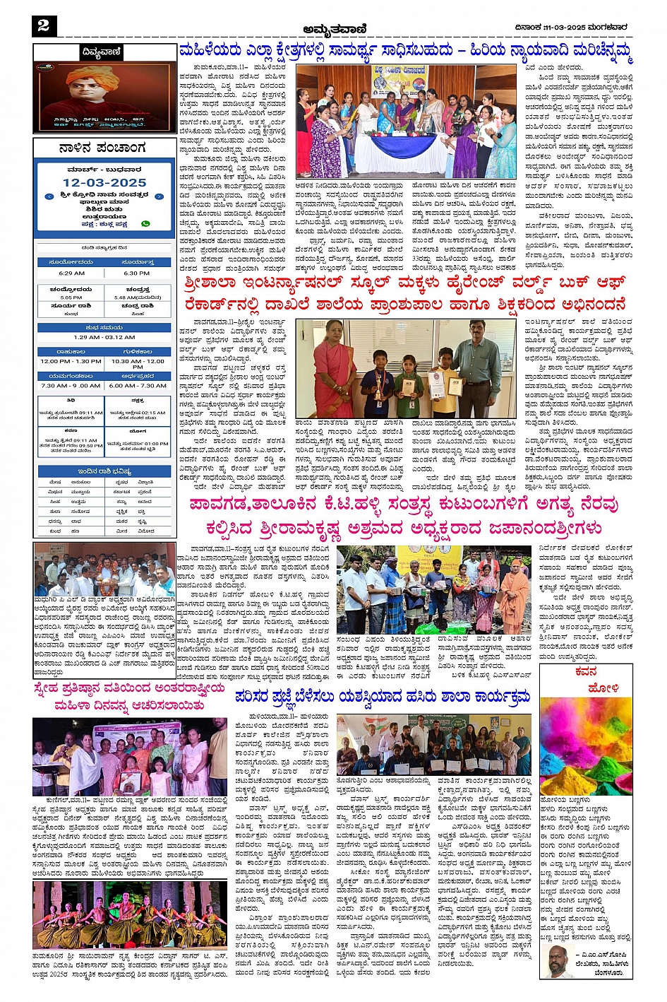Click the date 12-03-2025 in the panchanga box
[x=104, y=182]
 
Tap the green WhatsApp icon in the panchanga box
[x=146, y=223]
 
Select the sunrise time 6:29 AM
[x=71, y=273]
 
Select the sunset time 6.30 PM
[x=136, y=273]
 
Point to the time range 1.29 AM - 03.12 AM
[x=104, y=337]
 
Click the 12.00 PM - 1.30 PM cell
[x=71, y=361]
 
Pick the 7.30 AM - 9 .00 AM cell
[x=71, y=386]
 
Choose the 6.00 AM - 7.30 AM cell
[x=137, y=386]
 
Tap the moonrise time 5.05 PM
[x=71, y=297]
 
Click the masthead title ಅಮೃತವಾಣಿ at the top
[x=333, y=28]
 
